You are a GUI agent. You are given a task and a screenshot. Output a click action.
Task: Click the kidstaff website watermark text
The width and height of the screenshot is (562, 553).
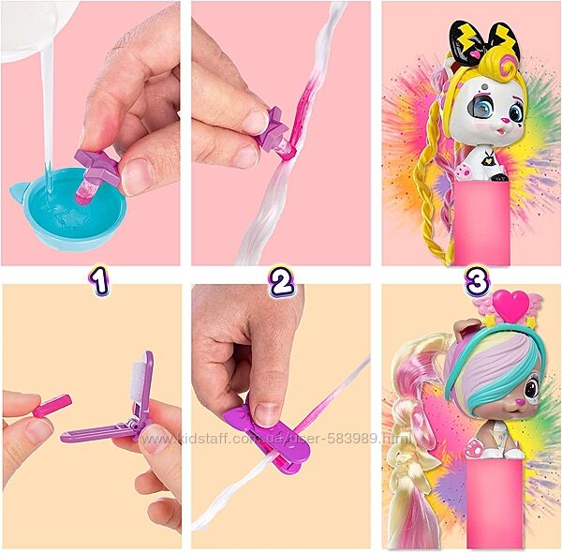[276, 439]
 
